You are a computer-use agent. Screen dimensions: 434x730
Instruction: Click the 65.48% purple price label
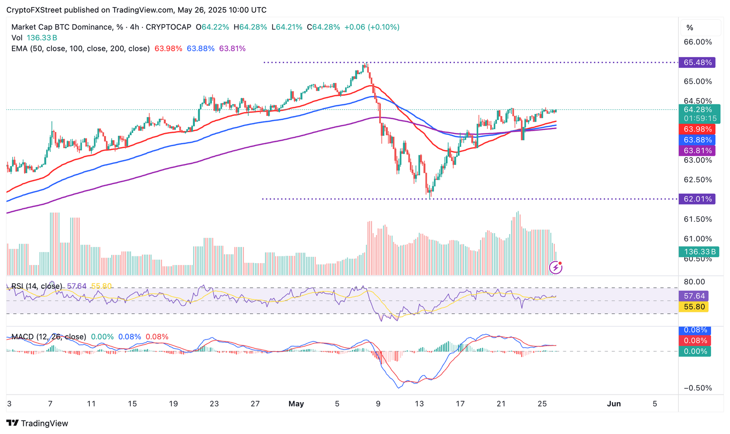point(697,63)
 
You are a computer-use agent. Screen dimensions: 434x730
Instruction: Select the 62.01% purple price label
point(697,199)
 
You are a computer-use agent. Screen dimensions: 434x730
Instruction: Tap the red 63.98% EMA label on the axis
point(697,129)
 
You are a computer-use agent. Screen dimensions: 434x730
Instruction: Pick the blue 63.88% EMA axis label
point(697,140)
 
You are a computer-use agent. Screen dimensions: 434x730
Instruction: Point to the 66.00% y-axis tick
point(697,42)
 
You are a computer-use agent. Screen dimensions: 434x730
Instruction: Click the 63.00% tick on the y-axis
point(697,160)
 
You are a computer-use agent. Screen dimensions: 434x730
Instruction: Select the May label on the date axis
point(296,404)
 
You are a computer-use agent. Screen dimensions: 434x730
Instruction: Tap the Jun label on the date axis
point(614,404)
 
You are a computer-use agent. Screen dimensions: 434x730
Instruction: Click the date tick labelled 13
point(419,404)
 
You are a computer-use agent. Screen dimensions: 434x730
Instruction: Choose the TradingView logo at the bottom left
point(38,423)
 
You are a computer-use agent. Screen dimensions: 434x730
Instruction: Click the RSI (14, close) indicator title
point(37,286)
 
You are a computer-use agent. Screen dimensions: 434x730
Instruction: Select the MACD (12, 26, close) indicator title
point(49,337)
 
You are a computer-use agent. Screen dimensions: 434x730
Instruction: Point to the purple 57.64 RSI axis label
point(694,296)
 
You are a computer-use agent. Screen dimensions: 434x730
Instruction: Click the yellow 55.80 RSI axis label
point(694,307)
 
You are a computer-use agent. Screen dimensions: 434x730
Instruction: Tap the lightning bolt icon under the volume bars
point(556,268)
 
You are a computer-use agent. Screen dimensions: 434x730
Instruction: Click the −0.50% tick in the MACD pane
point(697,388)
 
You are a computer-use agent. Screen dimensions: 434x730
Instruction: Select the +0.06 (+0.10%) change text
point(372,27)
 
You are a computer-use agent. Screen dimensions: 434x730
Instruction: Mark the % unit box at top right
point(690,28)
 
